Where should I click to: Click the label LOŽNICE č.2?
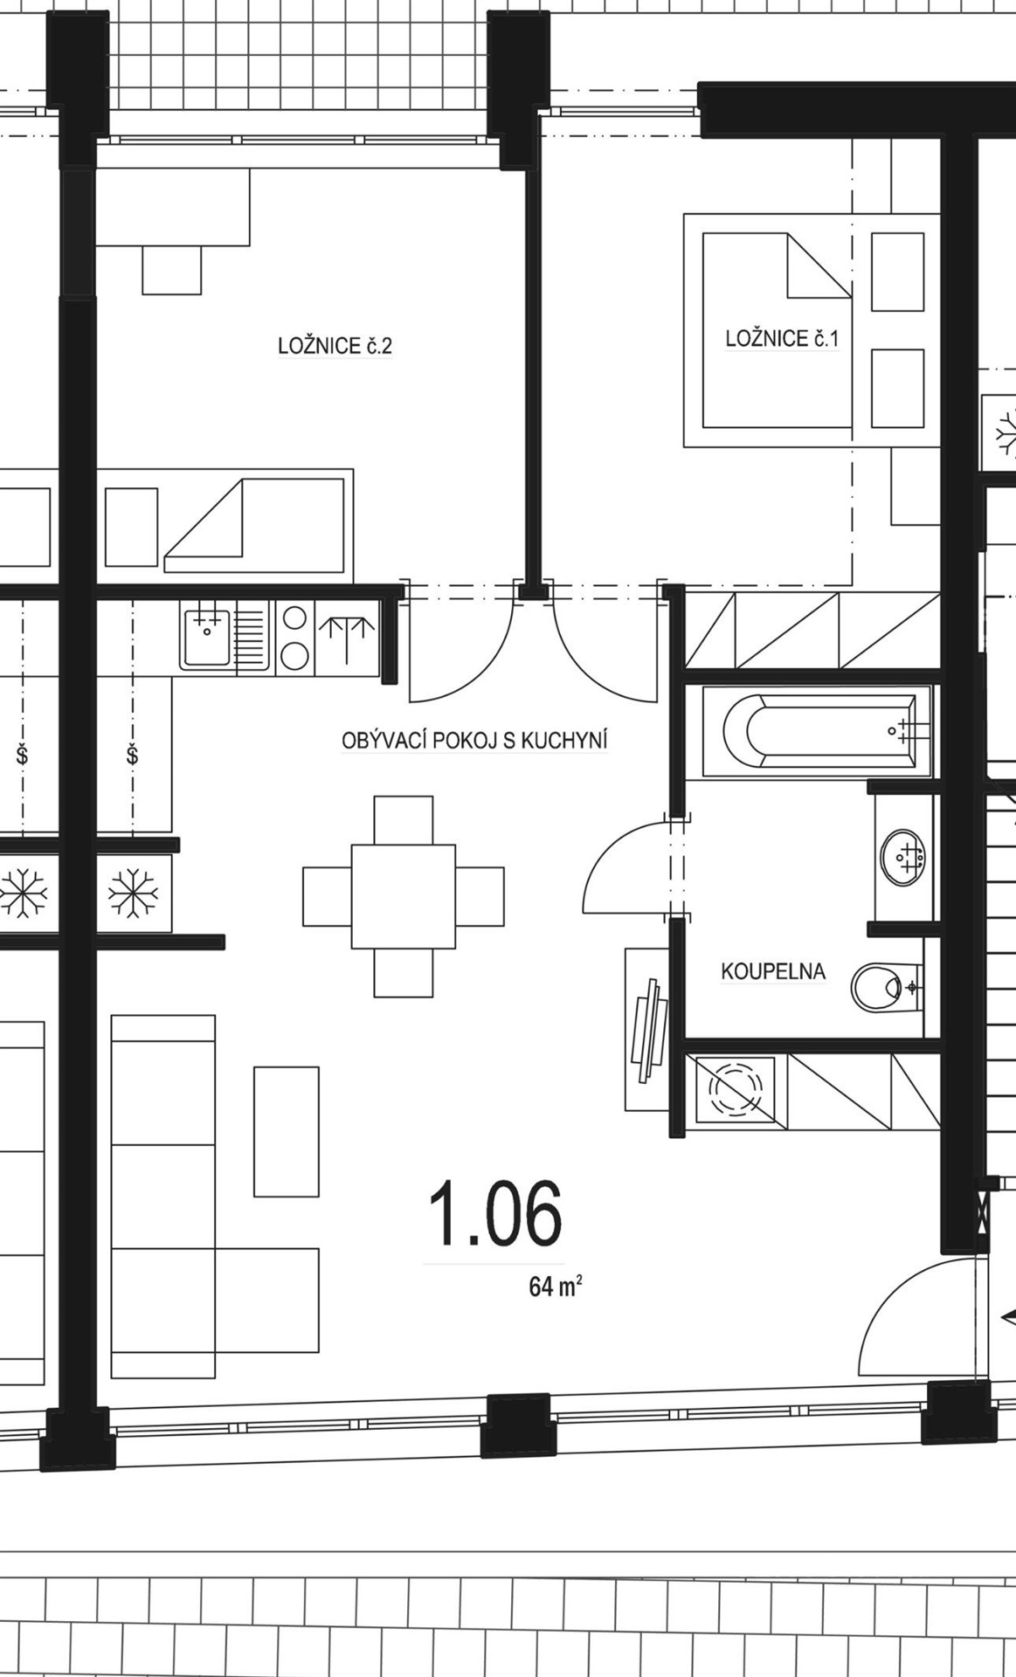[x=335, y=346]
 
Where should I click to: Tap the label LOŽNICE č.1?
[x=782, y=338]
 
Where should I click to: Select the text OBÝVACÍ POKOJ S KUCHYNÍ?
[x=474, y=742]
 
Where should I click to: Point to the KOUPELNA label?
[x=773, y=971]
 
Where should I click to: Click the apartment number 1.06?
[x=494, y=1213]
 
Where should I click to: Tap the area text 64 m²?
[x=556, y=1287]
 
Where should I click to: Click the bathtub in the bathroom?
[x=818, y=731]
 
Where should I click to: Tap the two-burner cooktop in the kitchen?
[x=296, y=638]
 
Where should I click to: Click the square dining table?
[x=404, y=896]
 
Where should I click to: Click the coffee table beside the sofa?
[x=287, y=1131]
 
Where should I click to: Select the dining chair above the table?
[x=404, y=819]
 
